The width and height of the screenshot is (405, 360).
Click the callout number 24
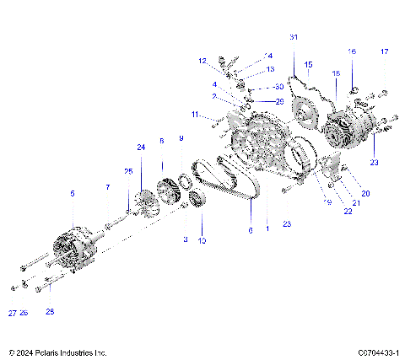point(141,148)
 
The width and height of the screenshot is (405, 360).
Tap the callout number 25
point(128,171)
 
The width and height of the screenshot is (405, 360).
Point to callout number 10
point(202,240)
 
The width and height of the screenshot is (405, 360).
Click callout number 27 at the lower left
point(13,312)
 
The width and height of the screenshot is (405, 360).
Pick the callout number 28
point(50,312)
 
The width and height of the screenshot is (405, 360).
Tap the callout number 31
point(294,38)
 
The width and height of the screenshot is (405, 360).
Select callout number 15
point(308,64)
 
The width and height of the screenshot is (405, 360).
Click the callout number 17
point(384,52)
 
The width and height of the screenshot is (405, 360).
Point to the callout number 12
point(202,61)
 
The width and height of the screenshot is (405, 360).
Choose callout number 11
point(194,114)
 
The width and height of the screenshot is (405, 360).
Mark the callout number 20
point(365,193)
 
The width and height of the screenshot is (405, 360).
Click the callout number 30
point(279,88)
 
